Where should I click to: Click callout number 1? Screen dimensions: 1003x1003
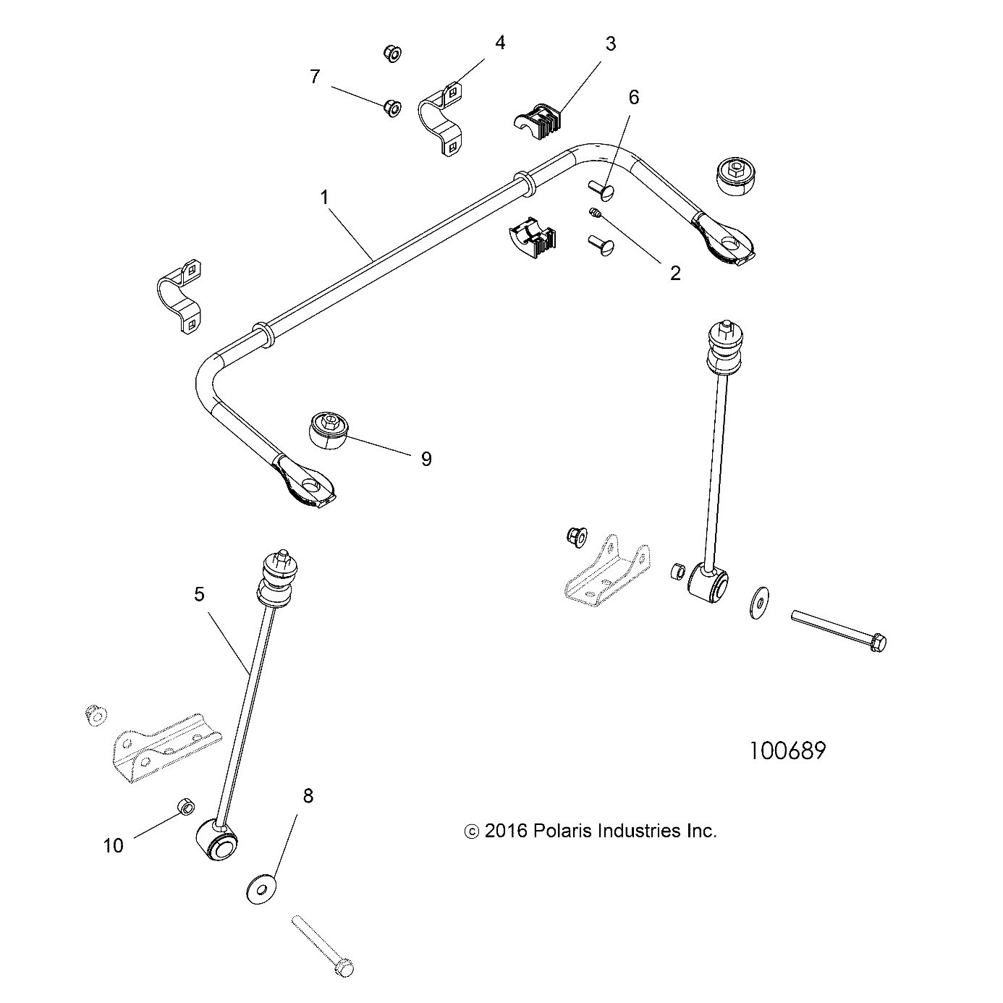coord(325,197)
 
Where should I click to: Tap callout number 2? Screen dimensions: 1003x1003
coord(674,273)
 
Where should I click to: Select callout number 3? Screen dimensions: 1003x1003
coord(610,43)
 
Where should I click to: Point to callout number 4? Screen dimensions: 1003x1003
coord(500,43)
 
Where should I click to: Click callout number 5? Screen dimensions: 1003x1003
coord(199,594)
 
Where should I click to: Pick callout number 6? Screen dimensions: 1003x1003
coord(634,97)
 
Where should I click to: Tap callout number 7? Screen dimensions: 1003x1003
coord(314,77)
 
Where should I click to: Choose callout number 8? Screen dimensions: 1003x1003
coord(308,796)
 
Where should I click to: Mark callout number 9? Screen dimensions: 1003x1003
coord(426,459)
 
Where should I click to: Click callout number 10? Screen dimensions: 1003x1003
coord(114,845)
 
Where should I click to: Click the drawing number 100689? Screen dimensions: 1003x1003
coord(787,750)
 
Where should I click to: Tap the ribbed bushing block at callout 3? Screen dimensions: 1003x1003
coord(539,119)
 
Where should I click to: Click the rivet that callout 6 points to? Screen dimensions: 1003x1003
coord(603,190)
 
